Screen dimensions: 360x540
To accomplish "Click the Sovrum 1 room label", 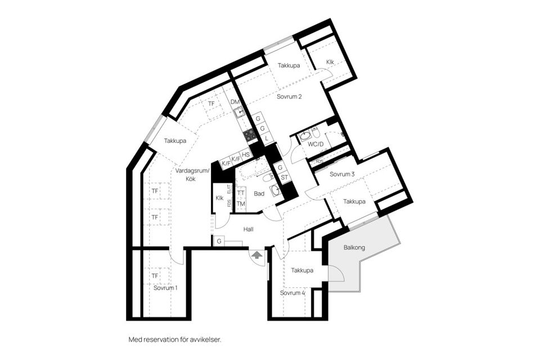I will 165,288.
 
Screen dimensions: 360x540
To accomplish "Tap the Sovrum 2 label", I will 289,97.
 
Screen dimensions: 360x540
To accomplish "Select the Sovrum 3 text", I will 341,174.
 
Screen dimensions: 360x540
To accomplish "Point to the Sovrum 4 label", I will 292,293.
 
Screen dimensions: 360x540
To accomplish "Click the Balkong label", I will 354,247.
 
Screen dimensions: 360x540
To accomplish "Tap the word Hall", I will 249,229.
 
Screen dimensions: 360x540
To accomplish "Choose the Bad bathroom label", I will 259,193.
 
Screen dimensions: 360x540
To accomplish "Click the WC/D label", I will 316,144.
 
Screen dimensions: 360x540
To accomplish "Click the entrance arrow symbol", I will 256,255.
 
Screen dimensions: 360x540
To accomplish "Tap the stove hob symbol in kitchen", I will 250,134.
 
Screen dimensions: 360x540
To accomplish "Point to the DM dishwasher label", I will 235,102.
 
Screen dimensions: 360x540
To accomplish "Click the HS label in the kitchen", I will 245,155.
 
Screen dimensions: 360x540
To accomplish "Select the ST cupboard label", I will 284,177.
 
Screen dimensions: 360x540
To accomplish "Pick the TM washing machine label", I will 241,204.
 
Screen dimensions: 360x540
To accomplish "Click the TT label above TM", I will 241,193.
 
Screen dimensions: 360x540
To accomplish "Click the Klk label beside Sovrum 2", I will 330,62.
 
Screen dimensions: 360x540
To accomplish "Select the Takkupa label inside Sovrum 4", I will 302,271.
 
